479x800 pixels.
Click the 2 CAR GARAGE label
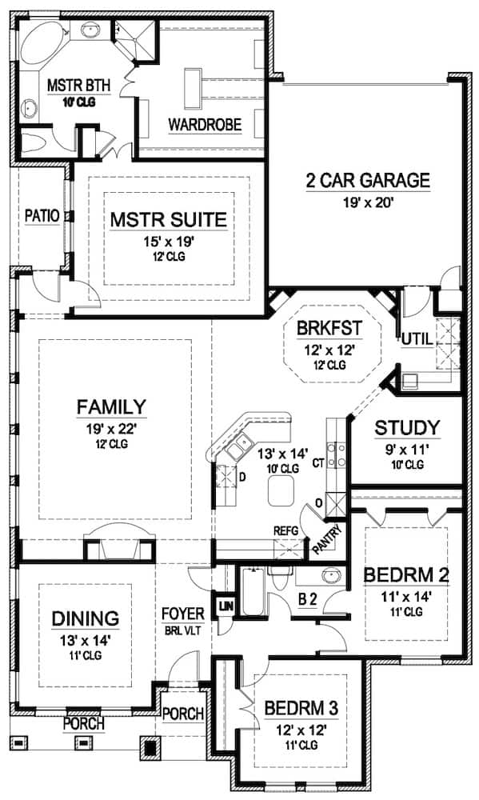pyautogui.click(x=368, y=180)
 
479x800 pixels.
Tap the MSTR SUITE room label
pyautogui.click(x=169, y=219)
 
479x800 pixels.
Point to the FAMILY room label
pyautogui.click(x=111, y=407)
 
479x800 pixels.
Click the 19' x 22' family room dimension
pyautogui.click(x=111, y=428)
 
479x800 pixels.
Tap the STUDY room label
pyautogui.click(x=407, y=427)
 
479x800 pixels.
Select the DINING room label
pyautogui.click(x=86, y=618)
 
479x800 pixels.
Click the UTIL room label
pyautogui.click(x=417, y=339)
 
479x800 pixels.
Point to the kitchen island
pyautogui.click(x=280, y=490)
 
